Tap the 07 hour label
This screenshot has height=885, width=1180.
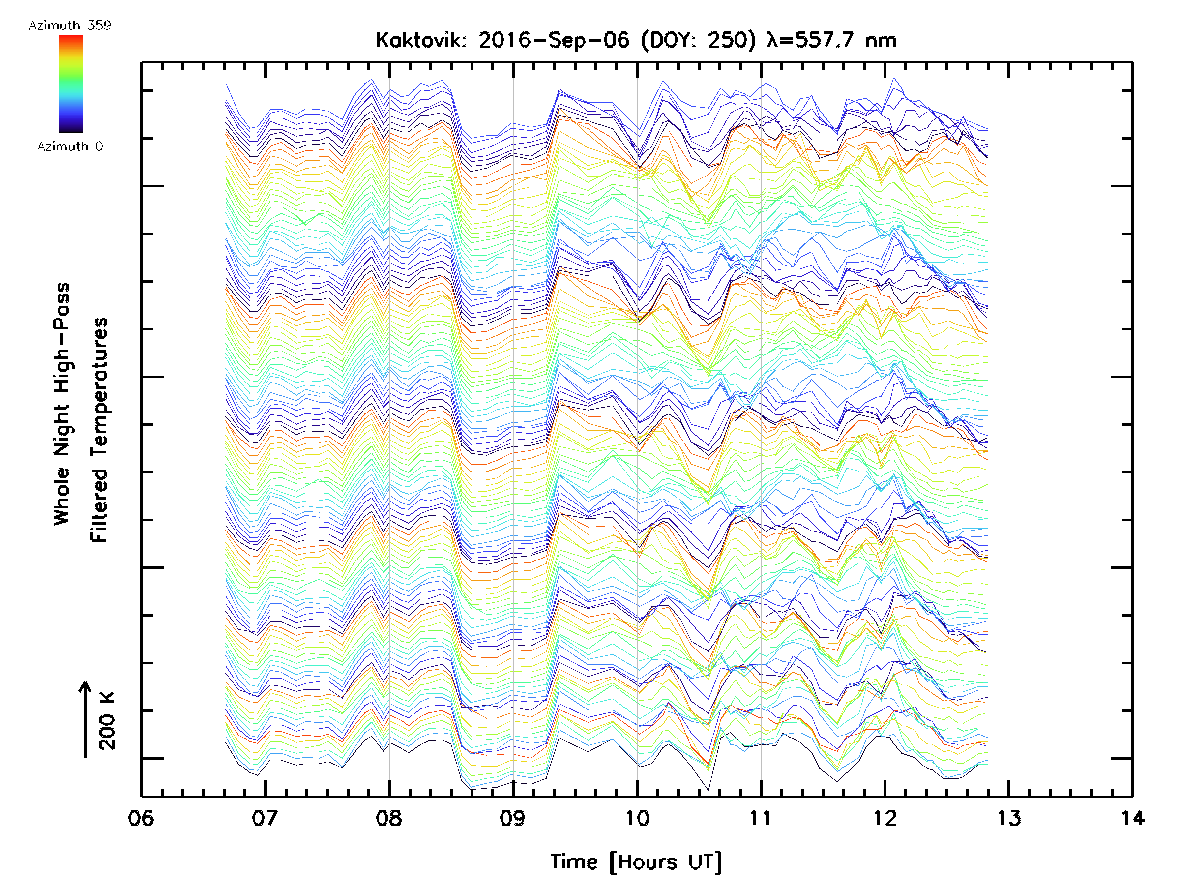265,818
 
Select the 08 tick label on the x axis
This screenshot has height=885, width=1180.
389,818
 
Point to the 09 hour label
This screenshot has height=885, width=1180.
513,818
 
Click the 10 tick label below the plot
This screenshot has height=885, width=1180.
637,818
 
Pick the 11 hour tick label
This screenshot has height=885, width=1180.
760,818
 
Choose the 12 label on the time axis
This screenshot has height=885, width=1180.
885,818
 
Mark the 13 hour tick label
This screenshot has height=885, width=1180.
1009,818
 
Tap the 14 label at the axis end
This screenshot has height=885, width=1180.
1132,818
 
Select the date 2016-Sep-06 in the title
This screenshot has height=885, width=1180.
554,40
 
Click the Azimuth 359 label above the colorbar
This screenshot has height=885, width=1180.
70,26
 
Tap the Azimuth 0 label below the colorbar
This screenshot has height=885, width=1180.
70,147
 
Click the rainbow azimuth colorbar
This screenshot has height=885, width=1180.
71,84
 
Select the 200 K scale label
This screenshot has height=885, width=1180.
107,721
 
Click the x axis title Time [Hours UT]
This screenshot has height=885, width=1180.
636,862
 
